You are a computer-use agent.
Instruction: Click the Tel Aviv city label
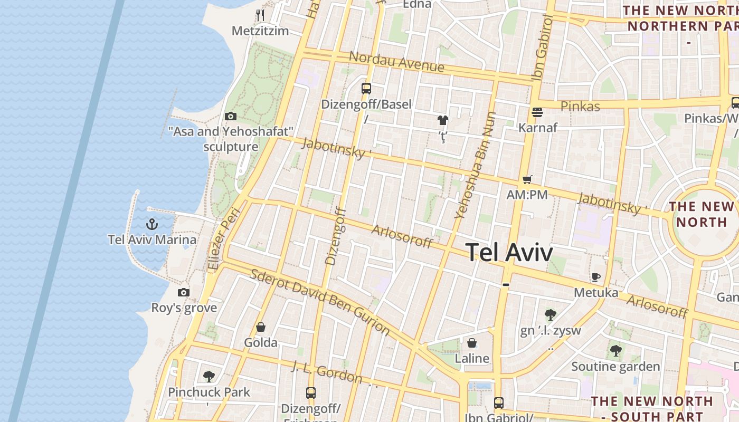509,252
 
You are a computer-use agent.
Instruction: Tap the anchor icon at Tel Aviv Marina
152,224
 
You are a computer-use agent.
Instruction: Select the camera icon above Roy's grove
184,293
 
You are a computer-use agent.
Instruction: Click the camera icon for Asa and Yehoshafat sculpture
231,116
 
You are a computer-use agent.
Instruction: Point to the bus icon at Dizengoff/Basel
366,88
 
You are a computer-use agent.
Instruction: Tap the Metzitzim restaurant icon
260,15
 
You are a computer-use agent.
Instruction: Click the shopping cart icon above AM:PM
527,179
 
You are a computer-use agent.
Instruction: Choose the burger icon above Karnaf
537,112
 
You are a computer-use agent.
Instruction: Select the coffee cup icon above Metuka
596,277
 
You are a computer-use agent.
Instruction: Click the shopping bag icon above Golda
260,328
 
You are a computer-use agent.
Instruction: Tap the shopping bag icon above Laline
472,343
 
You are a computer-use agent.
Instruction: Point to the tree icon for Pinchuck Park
209,376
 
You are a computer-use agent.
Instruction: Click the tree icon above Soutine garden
615,351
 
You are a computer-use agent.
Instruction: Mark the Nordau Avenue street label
396,62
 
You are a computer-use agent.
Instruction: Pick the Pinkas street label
580,107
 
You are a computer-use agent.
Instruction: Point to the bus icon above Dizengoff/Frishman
311,393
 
